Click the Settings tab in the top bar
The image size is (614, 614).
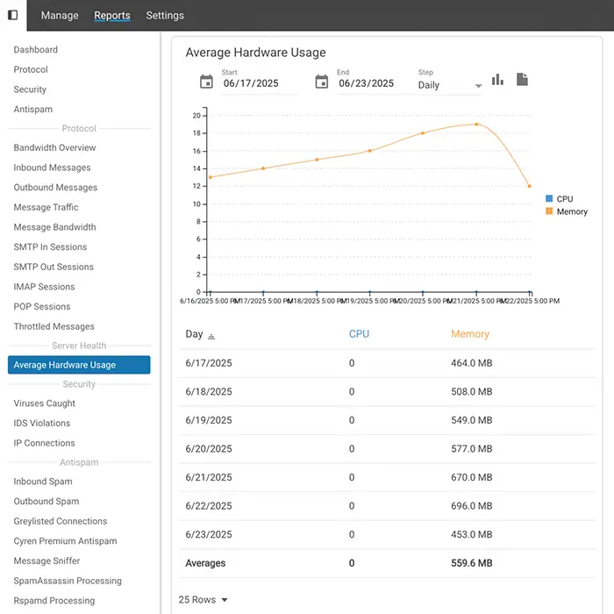coord(165,15)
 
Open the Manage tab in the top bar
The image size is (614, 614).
coord(60,15)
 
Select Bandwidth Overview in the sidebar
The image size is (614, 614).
coord(54,147)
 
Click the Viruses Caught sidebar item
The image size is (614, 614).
coord(45,403)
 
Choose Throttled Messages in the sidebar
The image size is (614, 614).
coord(54,326)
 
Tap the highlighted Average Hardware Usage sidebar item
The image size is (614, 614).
coord(79,365)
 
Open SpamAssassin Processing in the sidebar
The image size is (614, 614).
coord(68,581)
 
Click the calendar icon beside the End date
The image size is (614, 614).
coord(322,82)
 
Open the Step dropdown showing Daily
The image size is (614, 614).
coord(449,85)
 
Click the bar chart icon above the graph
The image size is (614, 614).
coord(497,80)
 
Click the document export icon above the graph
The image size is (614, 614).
coord(523,80)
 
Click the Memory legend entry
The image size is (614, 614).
coord(571,211)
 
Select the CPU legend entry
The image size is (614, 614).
coord(564,199)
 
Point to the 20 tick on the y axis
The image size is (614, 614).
coord(197,115)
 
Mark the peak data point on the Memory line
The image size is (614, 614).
coord(476,124)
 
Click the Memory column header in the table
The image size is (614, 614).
coord(469,334)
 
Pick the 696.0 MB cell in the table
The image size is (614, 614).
coord(472,506)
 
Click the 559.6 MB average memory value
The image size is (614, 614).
coord(472,563)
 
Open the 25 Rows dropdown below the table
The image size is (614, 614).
coord(203,600)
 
